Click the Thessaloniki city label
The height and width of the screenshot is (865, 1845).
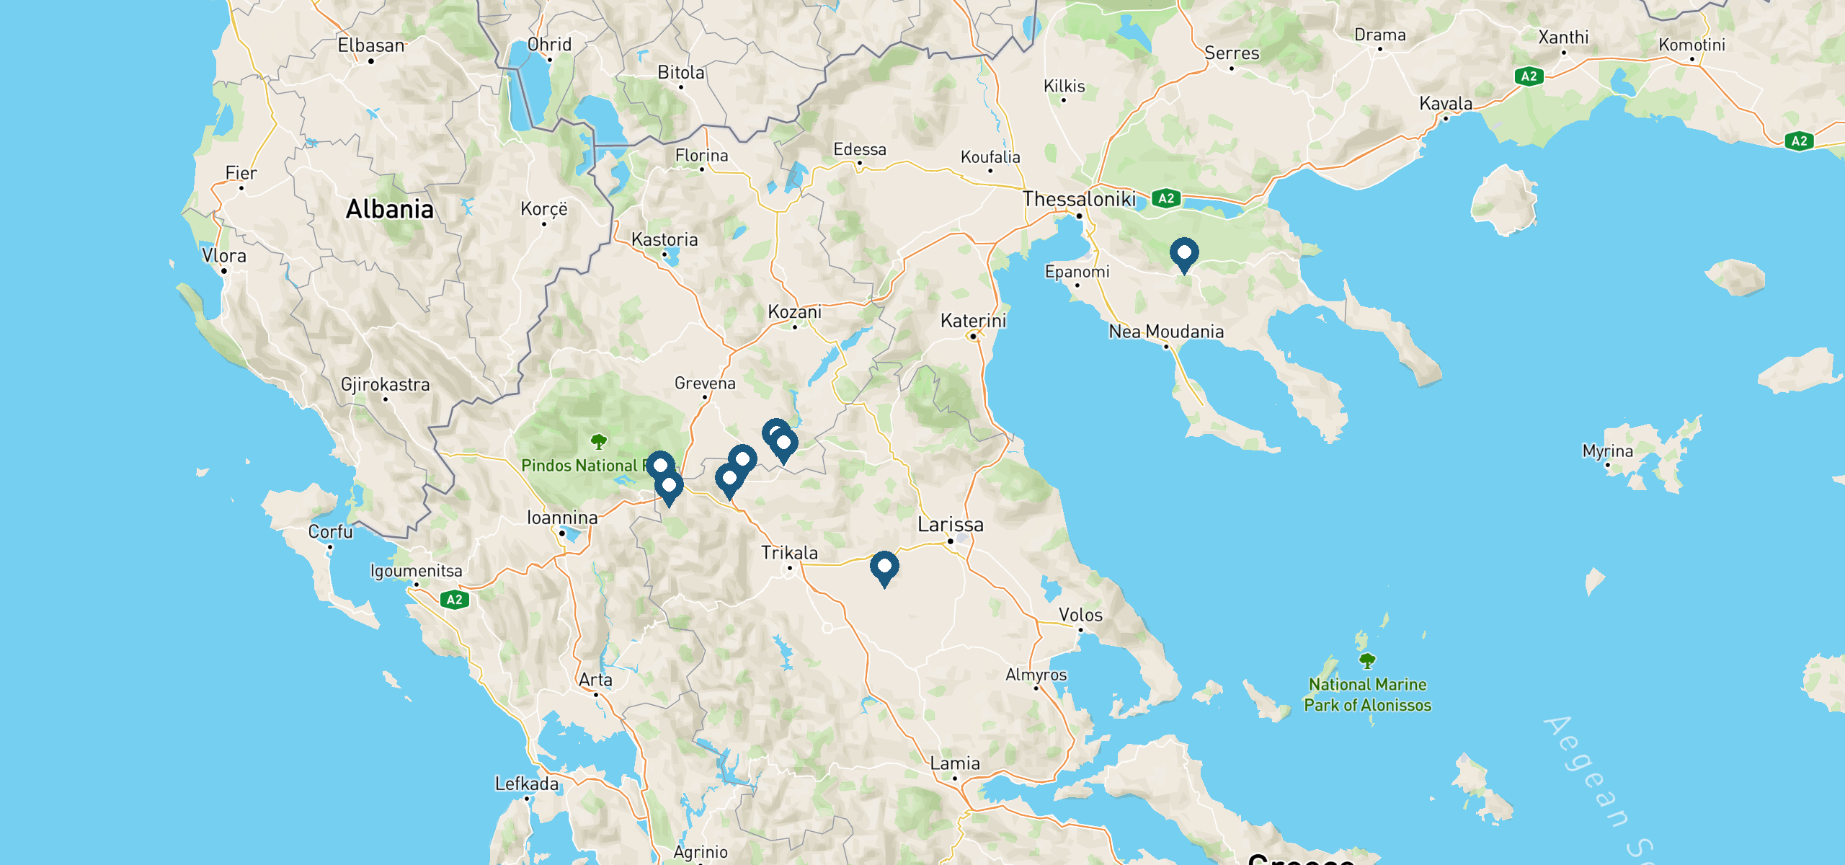click(x=1079, y=199)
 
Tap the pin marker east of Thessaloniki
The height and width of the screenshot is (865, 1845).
click(x=1184, y=254)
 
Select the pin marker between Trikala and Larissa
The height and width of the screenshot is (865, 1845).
click(x=884, y=567)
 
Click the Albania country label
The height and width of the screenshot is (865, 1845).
click(x=390, y=209)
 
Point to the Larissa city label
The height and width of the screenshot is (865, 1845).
click(x=950, y=525)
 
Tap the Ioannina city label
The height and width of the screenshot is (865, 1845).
click(x=562, y=518)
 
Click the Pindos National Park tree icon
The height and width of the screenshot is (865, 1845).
click(x=598, y=441)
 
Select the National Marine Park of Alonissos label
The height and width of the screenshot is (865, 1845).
click(x=1367, y=695)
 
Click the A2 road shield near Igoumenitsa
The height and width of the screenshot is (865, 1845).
click(x=454, y=600)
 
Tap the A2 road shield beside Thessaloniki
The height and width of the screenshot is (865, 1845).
click(x=1166, y=198)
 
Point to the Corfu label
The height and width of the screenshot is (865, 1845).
click(x=331, y=532)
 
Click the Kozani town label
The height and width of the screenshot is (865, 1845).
click(x=794, y=312)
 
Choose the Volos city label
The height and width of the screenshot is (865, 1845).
click(x=1080, y=615)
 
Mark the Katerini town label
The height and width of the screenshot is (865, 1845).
click(x=973, y=321)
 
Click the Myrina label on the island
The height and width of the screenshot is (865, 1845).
click(x=1607, y=451)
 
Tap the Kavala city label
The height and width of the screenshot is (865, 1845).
click(x=1446, y=104)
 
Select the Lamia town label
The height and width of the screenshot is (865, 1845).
click(x=955, y=763)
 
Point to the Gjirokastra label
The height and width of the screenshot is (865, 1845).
click(x=385, y=384)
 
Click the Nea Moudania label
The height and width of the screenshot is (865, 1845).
click(x=1166, y=332)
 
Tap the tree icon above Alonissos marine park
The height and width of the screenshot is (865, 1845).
click(x=1367, y=660)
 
